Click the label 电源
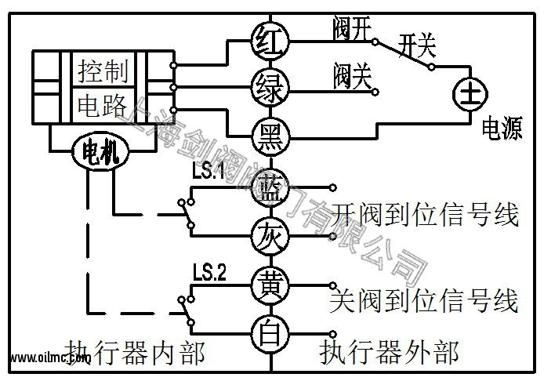click(x=502, y=129)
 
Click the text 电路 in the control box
click(x=105, y=103)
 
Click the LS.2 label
click(x=209, y=273)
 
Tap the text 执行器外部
click(x=389, y=353)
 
